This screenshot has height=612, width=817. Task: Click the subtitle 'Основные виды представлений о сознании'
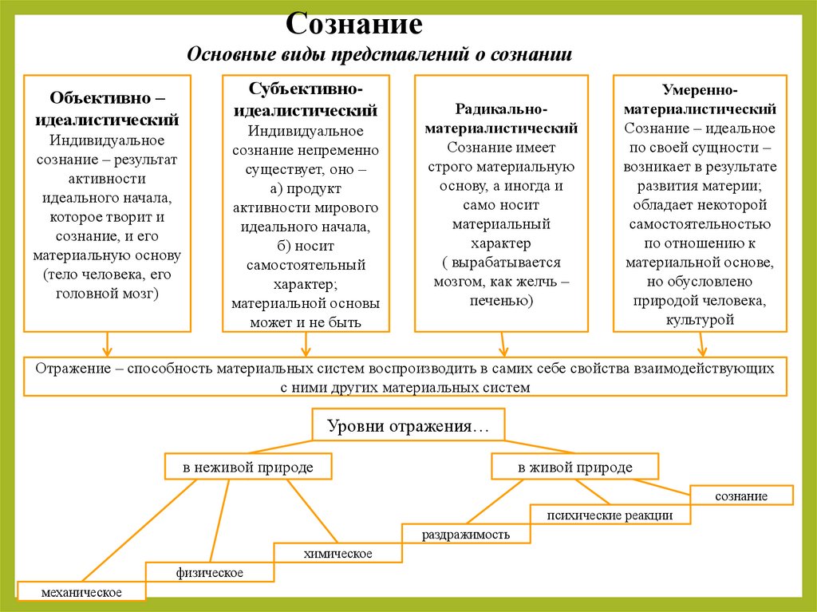pyautogui.click(x=379, y=55)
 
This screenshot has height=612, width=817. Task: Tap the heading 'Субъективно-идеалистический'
pyautogui.click(x=306, y=98)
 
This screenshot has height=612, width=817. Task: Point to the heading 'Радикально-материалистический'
pyautogui.click(x=501, y=117)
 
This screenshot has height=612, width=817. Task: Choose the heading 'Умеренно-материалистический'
pyautogui.click(x=700, y=99)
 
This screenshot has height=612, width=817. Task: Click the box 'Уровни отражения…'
pyautogui.click(x=407, y=426)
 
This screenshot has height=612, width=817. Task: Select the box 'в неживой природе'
pyautogui.click(x=247, y=467)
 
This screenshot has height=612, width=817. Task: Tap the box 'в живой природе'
pyautogui.click(x=574, y=467)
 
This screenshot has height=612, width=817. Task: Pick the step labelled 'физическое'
pyautogui.click(x=210, y=573)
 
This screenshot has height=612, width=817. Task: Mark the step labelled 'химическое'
pyautogui.click(x=337, y=553)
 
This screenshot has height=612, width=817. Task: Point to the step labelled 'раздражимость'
pyautogui.click(x=466, y=535)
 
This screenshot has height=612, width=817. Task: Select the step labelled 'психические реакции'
pyautogui.click(x=610, y=515)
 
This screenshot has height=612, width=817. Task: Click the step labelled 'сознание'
pyautogui.click(x=741, y=496)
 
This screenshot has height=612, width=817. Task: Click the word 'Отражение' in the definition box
pyautogui.click(x=66, y=369)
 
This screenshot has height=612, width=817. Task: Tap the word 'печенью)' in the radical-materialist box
pyautogui.click(x=501, y=301)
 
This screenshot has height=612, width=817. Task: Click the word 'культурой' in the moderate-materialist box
pyautogui.click(x=700, y=319)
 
